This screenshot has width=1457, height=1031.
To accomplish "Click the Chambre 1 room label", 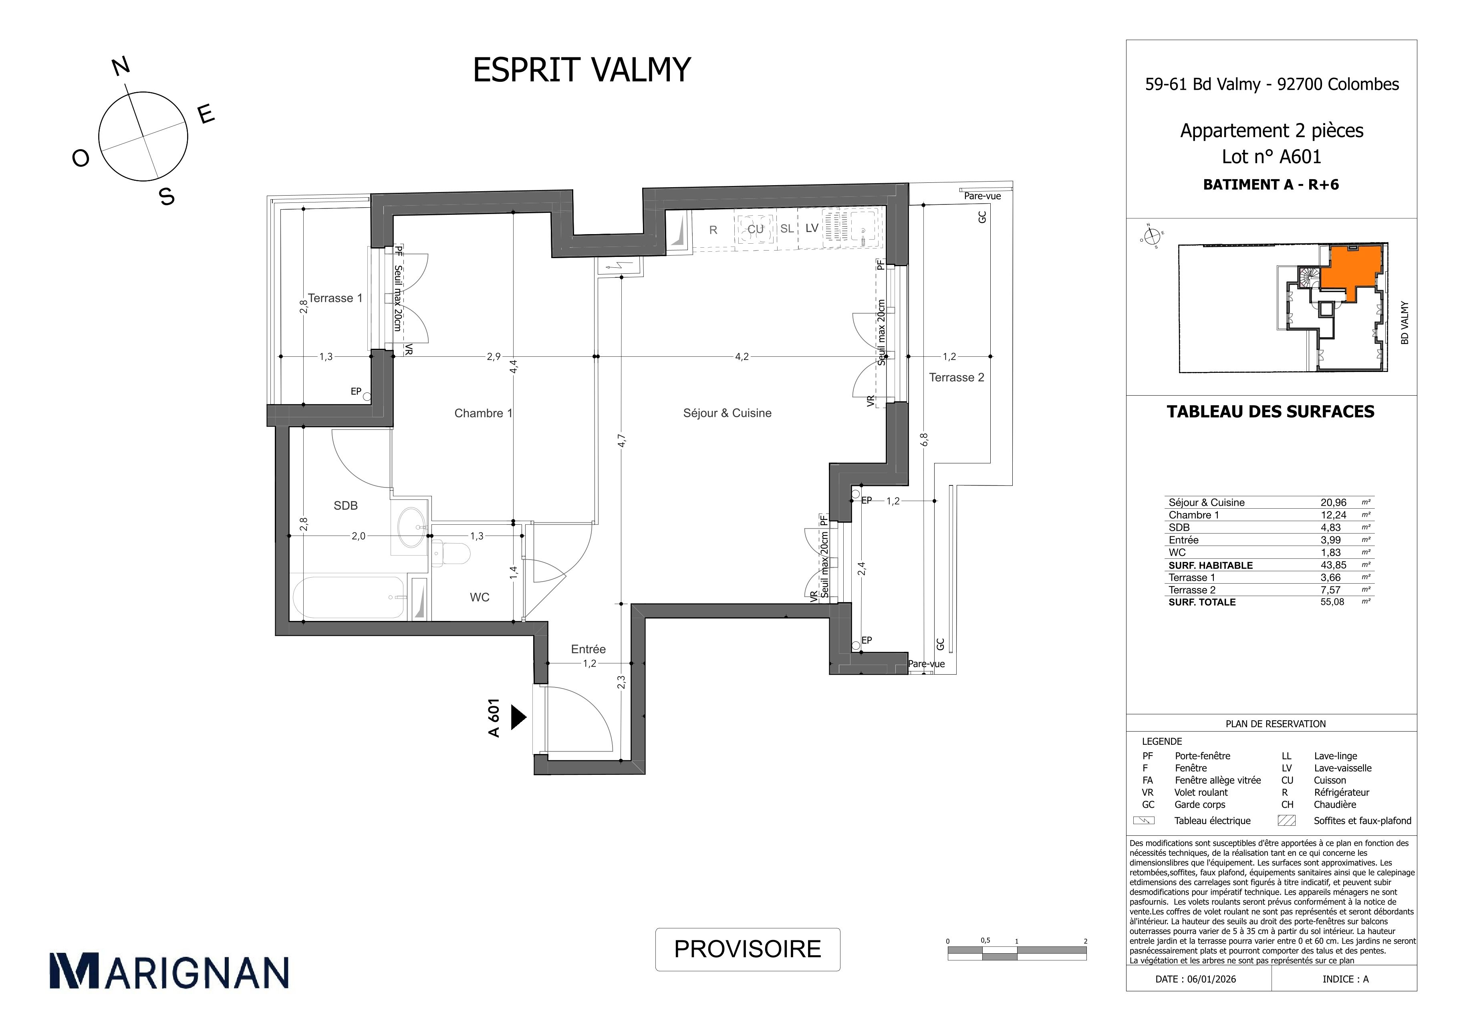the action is pyautogui.click(x=483, y=413).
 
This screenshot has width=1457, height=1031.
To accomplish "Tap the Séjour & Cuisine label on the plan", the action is pyautogui.click(x=727, y=413).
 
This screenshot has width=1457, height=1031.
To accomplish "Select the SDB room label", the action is pyautogui.click(x=346, y=505).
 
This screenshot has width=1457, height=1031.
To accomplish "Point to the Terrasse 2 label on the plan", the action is pyautogui.click(x=956, y=378).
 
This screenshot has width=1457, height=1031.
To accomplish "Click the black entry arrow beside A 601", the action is pyautogui.click(x=518, y=718).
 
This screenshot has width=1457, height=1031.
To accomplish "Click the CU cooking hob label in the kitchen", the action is pyautogui.click(x=755, y=229).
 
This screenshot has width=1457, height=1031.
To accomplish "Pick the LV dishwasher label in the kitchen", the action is pyautogui.click(x=812, y=228).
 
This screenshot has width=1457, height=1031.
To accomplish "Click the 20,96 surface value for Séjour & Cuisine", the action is pyautogui.click(x=1333, y=502).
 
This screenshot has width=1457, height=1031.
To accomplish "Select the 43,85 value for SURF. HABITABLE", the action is pyautogui.click(x=1333, y=565).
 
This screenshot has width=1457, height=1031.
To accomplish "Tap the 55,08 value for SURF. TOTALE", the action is pyautogui.click(x=1332, y=602).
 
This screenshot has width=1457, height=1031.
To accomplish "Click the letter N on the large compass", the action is pyautogui.click(x=121, y=67).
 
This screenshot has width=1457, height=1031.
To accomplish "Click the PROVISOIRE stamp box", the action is pyautogui.click(x=748, y=949).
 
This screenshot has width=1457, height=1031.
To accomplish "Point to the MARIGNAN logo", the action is pyautogui.click(x=169, y=971).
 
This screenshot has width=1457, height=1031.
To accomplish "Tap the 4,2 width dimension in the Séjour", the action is pyautogui.click(x=741, y=357).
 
